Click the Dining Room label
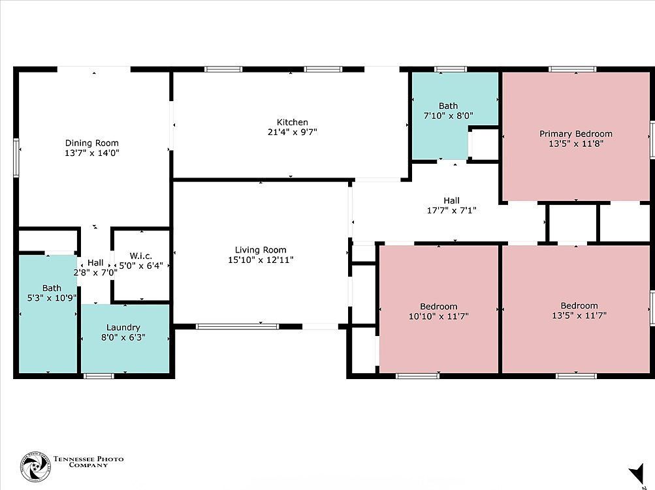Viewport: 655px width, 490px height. [x=91, y=143]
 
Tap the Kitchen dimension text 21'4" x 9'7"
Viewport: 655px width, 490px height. [x=292, y=132]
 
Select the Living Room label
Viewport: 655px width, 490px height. [x=261, y=250]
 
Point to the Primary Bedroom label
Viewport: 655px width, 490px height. [x=575, y=134]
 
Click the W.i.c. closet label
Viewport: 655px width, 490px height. [x=140, y=256]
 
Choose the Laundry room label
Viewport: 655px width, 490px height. [x=124, y=328]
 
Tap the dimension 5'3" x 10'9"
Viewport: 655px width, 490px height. [x=52, y=298]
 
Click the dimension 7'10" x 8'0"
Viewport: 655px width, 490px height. [x=448, y=115]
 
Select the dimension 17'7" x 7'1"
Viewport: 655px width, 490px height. [x=451, y=210]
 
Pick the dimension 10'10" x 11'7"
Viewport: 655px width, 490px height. [x=438, y=316]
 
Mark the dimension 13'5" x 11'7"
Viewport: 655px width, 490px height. [x=579, y=315]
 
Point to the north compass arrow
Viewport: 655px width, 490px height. [x=635, y=474]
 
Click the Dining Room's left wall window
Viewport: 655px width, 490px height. [x=16, y=159]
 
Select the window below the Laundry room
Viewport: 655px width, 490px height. [x=99, y=375]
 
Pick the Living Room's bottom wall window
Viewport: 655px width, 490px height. [x=237, y=326]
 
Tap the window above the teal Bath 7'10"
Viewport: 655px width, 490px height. [x=451, y=69]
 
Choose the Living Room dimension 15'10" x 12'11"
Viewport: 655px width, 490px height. [x=261, y=260]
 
